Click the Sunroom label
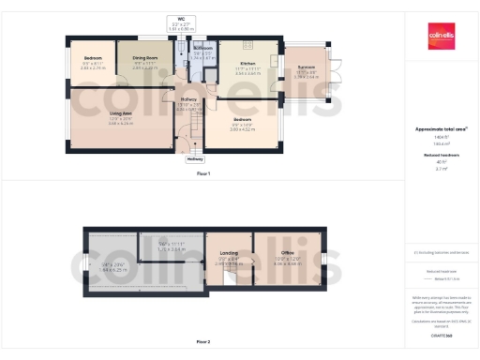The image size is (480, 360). (x=306, y=67)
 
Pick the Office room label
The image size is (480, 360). (x=287, y=252)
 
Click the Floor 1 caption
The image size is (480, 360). (x=202, y=174)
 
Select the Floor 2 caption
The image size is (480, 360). (x=202, y=342)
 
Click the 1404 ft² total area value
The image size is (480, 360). (x=441, y=138)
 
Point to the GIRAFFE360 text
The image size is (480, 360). (x=441, y=334)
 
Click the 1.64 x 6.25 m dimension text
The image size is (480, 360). (x=112, y=269)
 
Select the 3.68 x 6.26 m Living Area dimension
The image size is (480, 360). (x=94, y=123)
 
